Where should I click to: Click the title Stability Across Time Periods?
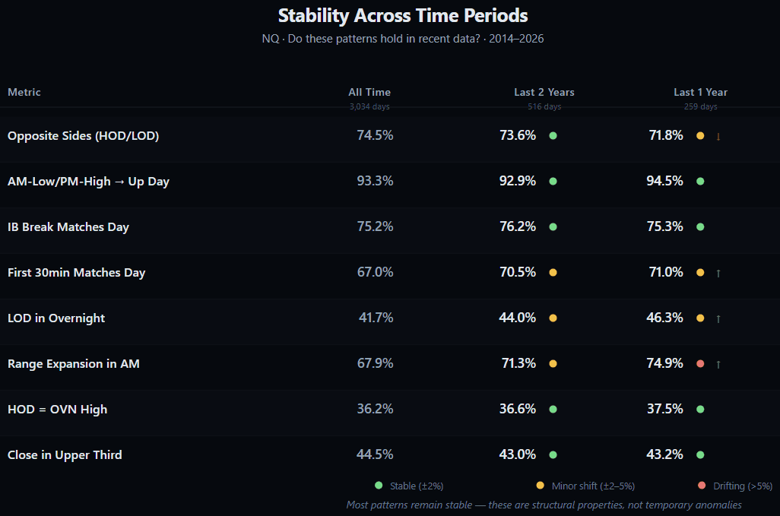[x=403, y=16]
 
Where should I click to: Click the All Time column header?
[x=369, y=92]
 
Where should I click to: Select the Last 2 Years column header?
[x=544, y=92]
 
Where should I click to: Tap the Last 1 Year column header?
[x=700, y=92]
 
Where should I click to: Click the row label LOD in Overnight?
[x=56, y=318]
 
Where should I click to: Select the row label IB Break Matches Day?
[x=68, y=227]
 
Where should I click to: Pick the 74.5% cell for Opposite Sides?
[x=375, y=136]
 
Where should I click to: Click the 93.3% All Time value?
[x=375, y=182]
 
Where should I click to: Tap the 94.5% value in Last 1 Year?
[x=664, y=182]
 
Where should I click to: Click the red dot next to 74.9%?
[x=700, y=364]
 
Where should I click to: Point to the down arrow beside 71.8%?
[x=718, y=137]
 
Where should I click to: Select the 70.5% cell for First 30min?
[x=518, y=273]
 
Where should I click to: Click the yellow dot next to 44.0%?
[x=553, y=318]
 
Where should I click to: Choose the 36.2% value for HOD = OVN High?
[x=375, y=410]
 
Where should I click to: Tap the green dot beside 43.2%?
[x=700, y=455]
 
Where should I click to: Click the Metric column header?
[x=24, y=92]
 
